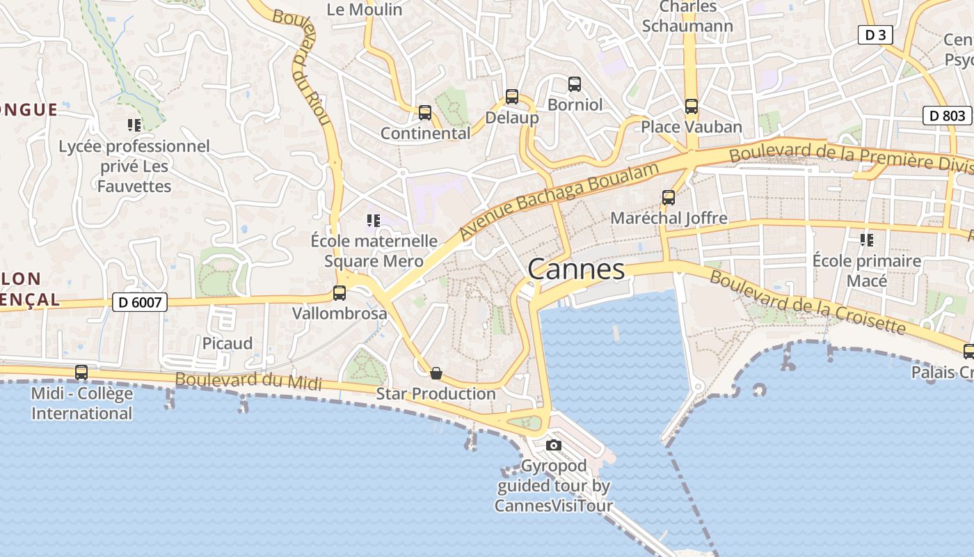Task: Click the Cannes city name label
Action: click(576, 269)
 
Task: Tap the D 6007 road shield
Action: click(140, 302)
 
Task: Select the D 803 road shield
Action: click(947, 116)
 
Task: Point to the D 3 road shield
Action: click(875, 35)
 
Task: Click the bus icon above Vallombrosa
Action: click(340, 293)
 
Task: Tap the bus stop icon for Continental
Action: click(425, 113)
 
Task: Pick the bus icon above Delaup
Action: click(512, 97)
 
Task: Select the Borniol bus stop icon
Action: click(575, 84)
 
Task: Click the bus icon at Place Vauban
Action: click(691, 107)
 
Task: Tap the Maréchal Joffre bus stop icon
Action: click(669, 198)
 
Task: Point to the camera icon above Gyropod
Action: click(554, 445)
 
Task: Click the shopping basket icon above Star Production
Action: click(436, 374)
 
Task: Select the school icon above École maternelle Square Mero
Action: click(374, 221)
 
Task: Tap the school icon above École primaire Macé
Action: click(867, 240)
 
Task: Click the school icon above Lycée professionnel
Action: click(134, 125)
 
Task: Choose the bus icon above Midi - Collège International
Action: click(81, 372)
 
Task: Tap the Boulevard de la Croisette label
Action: click(807, 303)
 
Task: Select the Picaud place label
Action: click(227, 343)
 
